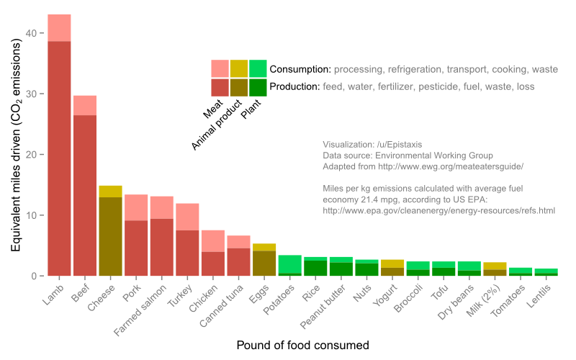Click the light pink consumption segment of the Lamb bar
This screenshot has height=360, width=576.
[x=59, y=28]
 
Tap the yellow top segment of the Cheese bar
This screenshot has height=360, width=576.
[x=110, y=191]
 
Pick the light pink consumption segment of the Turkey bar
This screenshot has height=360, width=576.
[x=188, y=217]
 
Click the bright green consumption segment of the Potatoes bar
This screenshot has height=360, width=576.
[x=290, y=264]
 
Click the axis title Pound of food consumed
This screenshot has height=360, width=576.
[x=302, y=346]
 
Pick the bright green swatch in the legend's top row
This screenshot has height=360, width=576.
[x=258, y=68]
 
